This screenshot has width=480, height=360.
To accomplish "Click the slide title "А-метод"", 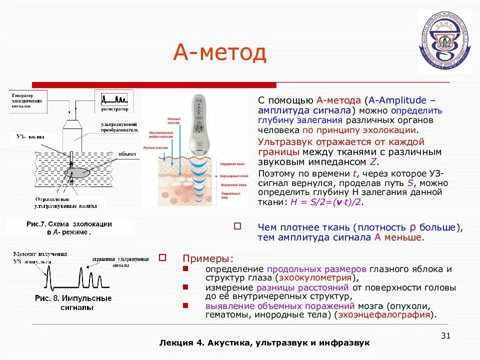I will point(220,52).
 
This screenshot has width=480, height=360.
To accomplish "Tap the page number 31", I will point(446,335).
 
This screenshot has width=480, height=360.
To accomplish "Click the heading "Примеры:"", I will point(207,258).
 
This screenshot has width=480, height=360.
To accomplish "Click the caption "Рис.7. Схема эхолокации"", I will point(69,224).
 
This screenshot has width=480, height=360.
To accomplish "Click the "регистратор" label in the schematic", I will point(114,108).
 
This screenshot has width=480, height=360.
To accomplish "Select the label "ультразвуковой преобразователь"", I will point(119,125).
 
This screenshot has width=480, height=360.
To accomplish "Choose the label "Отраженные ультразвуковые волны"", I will point(62,202).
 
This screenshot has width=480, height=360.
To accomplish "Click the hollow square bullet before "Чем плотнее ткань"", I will point(238,226).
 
